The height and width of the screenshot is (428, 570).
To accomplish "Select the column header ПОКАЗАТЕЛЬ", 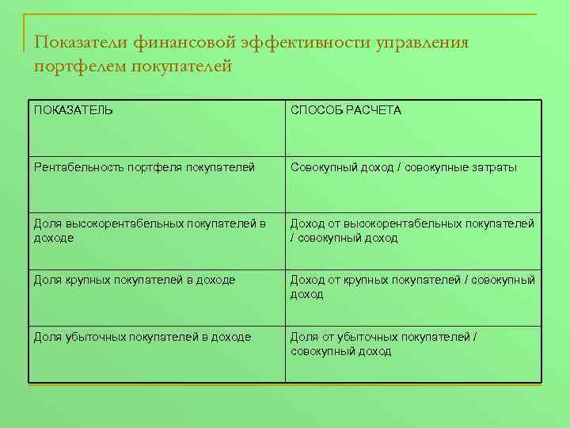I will coord(74,110).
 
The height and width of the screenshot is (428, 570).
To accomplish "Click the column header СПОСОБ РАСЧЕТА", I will coord(346,110).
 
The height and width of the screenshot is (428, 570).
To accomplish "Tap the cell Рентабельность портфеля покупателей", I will coord(144,167).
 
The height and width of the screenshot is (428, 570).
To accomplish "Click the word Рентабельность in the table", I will coord(74,167).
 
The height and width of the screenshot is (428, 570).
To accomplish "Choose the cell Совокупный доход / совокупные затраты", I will coord(404,167).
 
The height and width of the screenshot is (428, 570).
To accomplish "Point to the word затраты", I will coord(494,167).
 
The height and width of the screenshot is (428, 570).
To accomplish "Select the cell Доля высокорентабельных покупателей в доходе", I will coord(150,231).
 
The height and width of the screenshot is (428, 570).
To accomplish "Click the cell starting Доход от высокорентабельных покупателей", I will coord(412,231).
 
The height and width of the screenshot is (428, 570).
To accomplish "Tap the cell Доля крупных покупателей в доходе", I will coord(135,280).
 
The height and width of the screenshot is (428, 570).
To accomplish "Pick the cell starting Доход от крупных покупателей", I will coord(412,287).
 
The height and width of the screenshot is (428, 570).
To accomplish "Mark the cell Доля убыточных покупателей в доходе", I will coord(142,337).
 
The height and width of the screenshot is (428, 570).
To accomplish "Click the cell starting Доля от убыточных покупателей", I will coord(384,344).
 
